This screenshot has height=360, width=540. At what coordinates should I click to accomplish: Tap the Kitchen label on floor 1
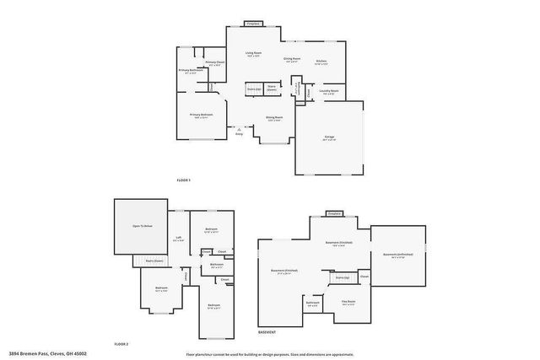pos(321,62)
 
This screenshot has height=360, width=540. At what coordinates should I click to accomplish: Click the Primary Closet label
pos(214,63)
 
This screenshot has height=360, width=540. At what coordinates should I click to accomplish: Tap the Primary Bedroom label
pos(200,116)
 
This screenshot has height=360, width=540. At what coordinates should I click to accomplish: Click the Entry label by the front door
pos(239,133)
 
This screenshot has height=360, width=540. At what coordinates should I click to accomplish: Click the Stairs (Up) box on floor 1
pos(253,88)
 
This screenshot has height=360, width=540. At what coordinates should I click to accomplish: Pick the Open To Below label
pos(142,226)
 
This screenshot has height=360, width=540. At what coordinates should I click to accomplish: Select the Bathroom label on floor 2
pos(217,266)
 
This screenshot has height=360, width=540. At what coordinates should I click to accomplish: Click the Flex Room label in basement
pos(348,302)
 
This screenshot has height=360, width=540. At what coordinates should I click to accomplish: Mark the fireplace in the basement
pos(334,213)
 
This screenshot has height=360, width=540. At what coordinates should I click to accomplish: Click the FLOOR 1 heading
pos(184,180)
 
